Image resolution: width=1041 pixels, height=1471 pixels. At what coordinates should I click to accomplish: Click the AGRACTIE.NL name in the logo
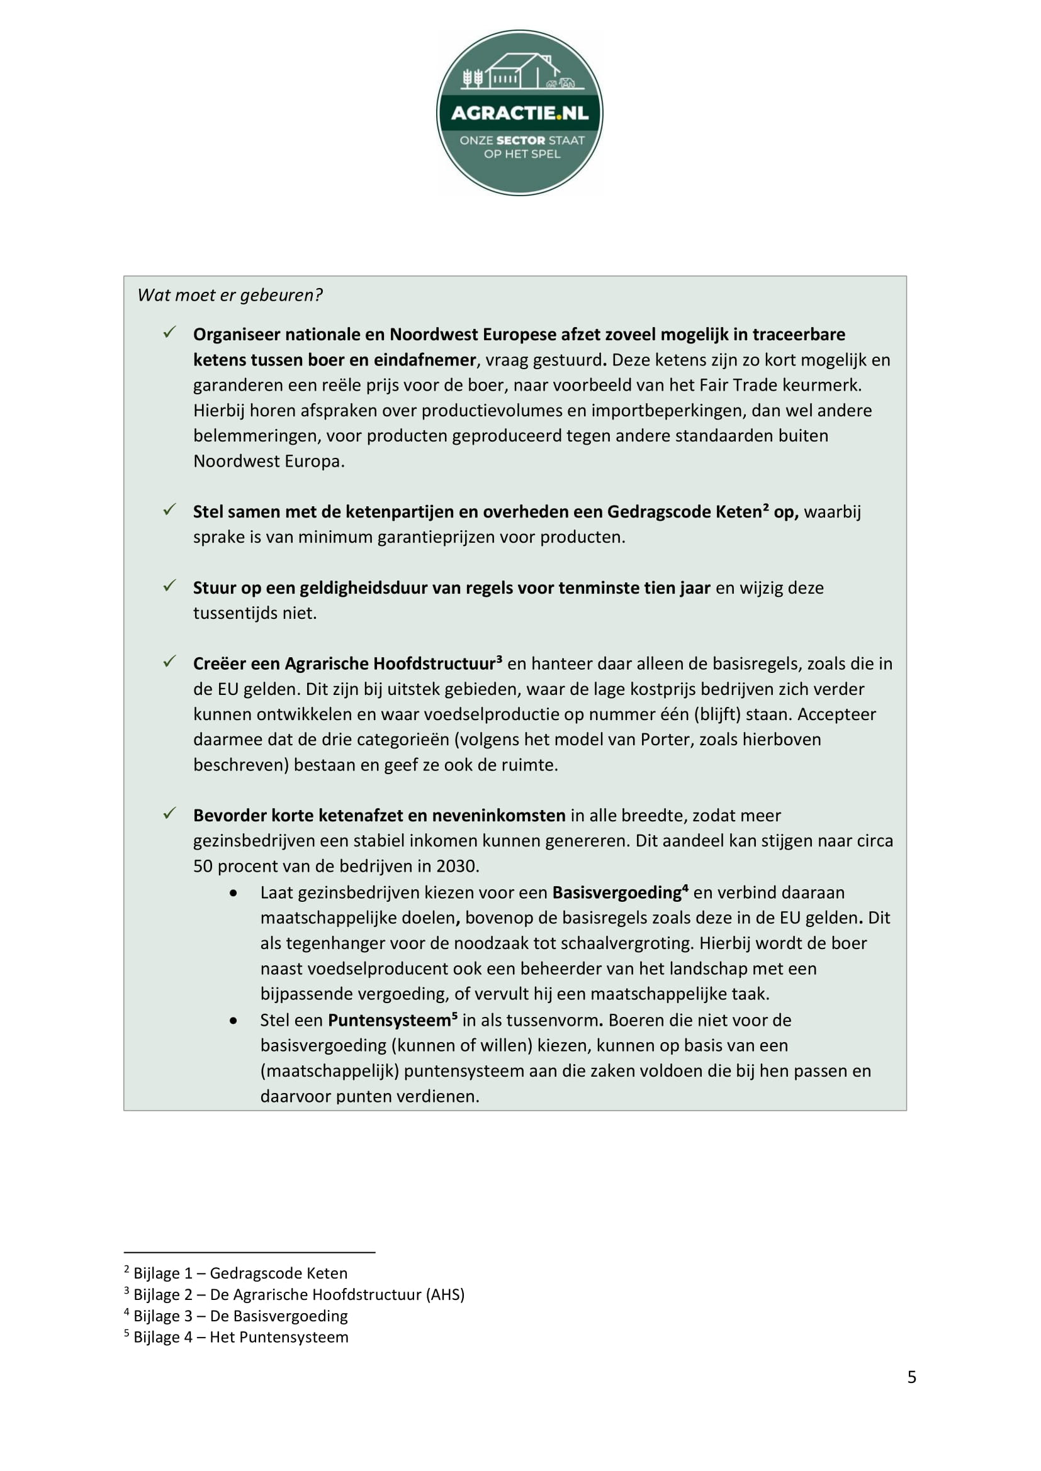click(519, 113)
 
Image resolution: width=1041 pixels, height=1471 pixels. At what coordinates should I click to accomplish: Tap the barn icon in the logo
click(519, 70)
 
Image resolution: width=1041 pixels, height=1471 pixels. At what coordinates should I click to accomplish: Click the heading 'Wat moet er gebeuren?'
click(230, 296)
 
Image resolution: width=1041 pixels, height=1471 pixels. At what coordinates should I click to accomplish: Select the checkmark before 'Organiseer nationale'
click(169, 333)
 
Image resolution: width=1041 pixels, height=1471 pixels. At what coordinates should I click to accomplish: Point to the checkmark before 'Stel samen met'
click(169, 510)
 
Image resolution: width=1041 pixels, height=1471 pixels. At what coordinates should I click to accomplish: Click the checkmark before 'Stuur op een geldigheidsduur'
click(169, 586)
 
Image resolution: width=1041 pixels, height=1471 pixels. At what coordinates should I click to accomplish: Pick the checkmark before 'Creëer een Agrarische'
click(169, 662)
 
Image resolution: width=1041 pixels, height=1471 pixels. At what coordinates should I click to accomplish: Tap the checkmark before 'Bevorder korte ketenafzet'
click(169, 814)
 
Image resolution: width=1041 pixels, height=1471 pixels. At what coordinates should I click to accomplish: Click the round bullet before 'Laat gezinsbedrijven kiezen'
click(234, 893)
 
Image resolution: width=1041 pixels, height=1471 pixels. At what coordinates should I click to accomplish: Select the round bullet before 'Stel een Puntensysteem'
click(234, 1021)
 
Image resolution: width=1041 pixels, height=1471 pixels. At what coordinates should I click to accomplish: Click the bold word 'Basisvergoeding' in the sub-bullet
click(617, 893)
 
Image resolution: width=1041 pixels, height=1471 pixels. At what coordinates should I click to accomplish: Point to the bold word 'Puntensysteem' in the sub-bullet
click(389, 1021)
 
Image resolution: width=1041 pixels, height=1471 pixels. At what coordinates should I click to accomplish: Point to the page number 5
click(911, 1377)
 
